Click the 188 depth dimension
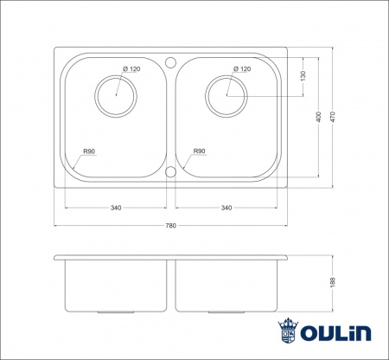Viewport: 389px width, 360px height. tap(331, 283)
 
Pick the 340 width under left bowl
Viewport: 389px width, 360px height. tap(116, 208)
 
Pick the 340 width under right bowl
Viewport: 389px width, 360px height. tap(226, 208)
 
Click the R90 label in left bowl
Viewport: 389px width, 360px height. tap(88, 151)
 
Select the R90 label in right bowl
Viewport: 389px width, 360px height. tap(200, 151)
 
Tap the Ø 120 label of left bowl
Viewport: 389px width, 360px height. tap(131, 68)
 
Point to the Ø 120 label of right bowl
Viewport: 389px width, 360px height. tap(242, 68)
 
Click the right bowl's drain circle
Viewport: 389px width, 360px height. tap(227, 94)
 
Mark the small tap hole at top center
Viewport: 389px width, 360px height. tap(170, 62)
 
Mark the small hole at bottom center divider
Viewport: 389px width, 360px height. tap(170, 172)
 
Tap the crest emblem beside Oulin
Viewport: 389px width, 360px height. tap(288, 331)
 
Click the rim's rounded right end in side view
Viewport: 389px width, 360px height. tap(285, 259)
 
